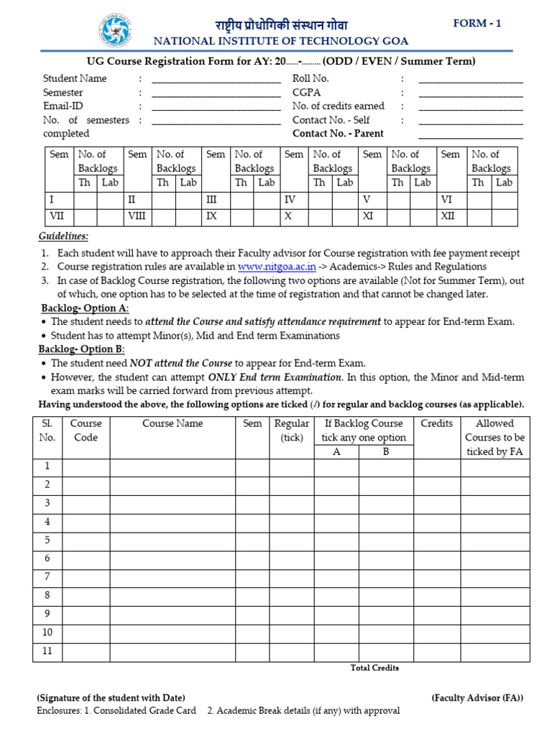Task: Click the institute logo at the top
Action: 116,30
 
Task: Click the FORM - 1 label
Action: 477,24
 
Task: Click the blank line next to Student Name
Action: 216,80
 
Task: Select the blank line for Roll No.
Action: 471,80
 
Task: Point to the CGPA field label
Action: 306,93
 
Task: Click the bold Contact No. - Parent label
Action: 338,134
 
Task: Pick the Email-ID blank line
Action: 216,108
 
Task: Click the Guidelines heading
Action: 63,236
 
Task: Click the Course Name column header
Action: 172,423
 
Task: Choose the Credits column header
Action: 436,423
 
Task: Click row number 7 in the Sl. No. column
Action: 47,576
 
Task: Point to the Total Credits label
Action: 374,668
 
